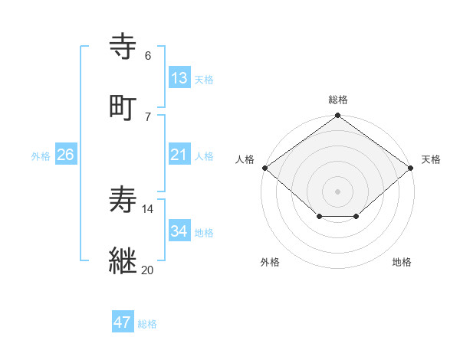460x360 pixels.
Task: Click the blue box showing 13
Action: pos(179,78)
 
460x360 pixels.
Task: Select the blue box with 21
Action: pos(179,155)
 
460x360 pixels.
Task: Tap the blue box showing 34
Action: pos(179,231)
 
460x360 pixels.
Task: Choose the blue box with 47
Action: pos(123,322)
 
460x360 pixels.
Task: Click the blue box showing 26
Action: pos(65,155)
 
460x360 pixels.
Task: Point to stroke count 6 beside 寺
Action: pos(148,55)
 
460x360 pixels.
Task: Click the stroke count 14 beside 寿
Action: pos(148,208)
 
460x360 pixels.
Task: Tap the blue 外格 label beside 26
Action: pos(41,155)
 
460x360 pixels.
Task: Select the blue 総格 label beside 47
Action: pos(147,324)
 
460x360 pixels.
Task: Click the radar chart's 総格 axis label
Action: pos(337,100)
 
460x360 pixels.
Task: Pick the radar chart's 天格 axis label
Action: pos(432,159)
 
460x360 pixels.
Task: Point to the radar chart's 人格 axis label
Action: pos(245,159)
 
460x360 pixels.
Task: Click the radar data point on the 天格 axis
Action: pos(412,168)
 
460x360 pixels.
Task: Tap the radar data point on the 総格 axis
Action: pos(337,116)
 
